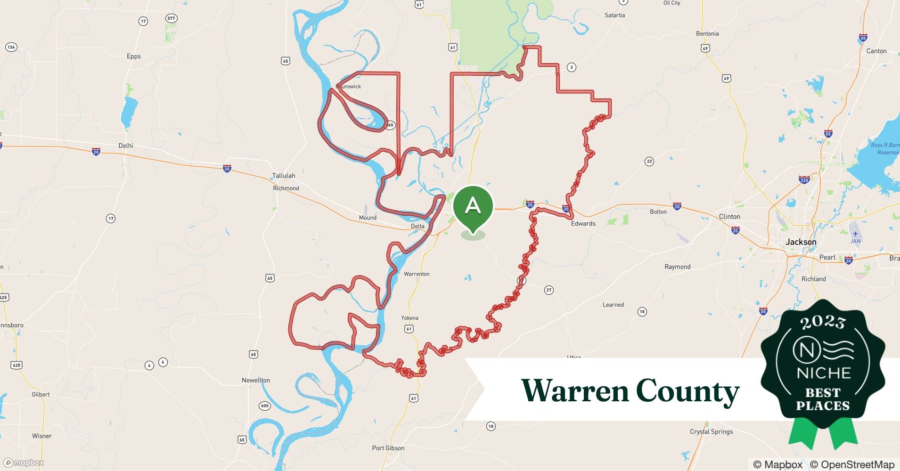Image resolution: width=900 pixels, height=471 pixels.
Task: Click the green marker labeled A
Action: tap(473, 207)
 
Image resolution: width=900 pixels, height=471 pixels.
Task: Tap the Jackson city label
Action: tap(801, 242)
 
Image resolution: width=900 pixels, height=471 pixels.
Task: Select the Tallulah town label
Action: tap(284, 176)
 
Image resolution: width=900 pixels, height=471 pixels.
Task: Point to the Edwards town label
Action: tap(583, 224)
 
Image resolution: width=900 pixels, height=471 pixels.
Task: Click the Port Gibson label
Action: tap(388, 448)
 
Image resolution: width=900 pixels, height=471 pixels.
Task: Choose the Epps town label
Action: tap(134, 57)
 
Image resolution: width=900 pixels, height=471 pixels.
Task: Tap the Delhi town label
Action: tap(126, 146)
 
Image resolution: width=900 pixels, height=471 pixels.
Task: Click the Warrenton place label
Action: tap(417, 274)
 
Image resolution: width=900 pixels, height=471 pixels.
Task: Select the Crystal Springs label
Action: tap(712, 431)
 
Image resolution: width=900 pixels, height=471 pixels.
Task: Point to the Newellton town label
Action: tap(256, 380)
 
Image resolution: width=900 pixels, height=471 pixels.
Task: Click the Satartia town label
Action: tap(615, 16)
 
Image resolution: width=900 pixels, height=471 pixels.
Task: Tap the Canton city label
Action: tap(876, 51)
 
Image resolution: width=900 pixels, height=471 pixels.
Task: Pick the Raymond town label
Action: tap(678, 267)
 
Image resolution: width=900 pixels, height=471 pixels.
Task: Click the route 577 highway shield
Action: tap(171, 18)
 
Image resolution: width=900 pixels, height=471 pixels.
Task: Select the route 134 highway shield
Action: tap(11, 47)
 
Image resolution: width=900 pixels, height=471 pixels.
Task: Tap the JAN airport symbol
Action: tap(856, 234)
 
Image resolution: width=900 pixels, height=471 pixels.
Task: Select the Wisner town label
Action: tap(42, 436)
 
